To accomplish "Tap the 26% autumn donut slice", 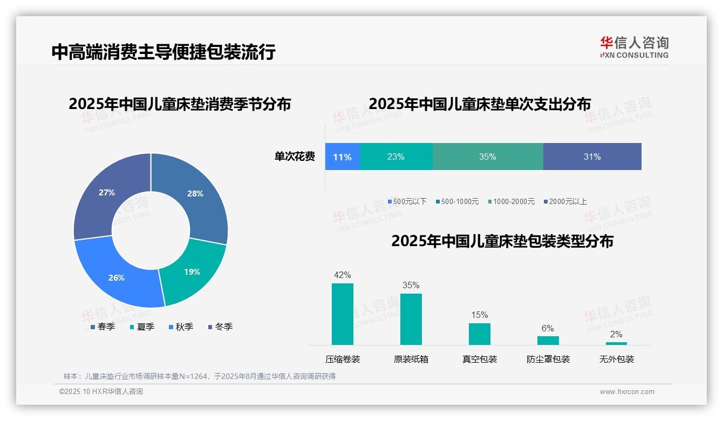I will point(118,277).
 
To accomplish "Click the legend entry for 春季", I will point(103,327).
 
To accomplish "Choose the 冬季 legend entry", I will point(220,327).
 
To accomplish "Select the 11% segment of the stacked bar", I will point(342,157).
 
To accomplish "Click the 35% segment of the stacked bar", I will point(487,157).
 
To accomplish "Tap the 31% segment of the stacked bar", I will point(592,157).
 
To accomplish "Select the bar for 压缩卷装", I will point(343,314).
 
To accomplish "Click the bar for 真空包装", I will point(479,334).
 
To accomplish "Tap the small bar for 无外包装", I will point(616,343).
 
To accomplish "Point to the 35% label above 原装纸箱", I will point(411,286).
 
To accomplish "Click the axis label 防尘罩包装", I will point(548,359).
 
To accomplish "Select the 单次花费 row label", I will point(295,157).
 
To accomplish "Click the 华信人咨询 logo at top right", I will point(634,47).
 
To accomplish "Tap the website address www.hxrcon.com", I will point(627,392).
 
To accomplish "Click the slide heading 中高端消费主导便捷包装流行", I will point(163,52).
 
